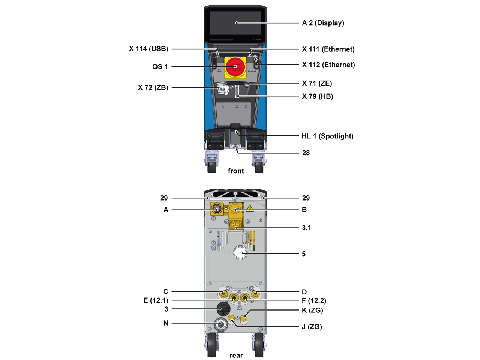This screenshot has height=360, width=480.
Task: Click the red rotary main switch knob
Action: [235, 67]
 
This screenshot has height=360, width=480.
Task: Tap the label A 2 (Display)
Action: [323, 23]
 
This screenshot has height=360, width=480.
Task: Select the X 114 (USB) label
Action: [148, 49]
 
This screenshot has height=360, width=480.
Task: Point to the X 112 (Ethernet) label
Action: [328, 64]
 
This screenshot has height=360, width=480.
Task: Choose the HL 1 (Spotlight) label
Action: [327, 136]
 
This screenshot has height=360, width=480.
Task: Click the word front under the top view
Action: [236, 171]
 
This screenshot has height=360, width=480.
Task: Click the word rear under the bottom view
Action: [236, 355]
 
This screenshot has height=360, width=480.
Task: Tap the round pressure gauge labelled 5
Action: [240, 253]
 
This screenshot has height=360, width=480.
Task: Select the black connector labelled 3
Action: [223, 309]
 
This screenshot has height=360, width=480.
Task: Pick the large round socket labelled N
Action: [220, 324]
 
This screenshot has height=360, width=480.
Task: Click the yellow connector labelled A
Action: [217, 209]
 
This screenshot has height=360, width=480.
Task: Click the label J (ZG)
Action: [312, 327]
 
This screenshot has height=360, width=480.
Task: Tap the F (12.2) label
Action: [314, 300]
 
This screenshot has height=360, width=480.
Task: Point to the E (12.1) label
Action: [156, 300]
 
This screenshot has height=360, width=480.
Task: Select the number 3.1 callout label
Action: [306, 228]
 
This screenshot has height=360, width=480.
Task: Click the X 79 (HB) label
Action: [317, 96]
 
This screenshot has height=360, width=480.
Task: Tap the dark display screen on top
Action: [235, 23]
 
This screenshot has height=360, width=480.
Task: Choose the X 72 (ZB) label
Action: [153, 87]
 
